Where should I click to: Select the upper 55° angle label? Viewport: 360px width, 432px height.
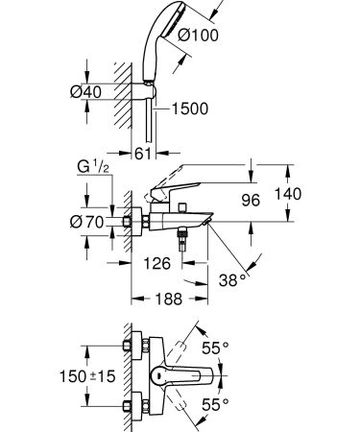[x=217, y=347]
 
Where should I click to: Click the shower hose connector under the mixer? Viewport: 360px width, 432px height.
[x=179, y=244]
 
